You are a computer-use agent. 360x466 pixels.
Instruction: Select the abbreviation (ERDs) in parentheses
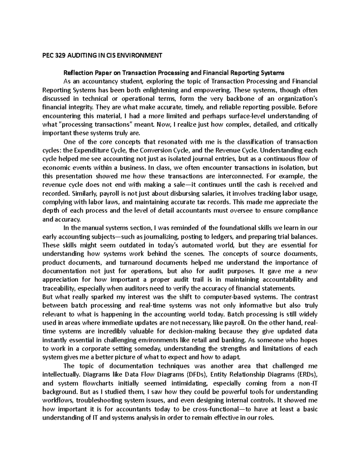coord(306,374)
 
